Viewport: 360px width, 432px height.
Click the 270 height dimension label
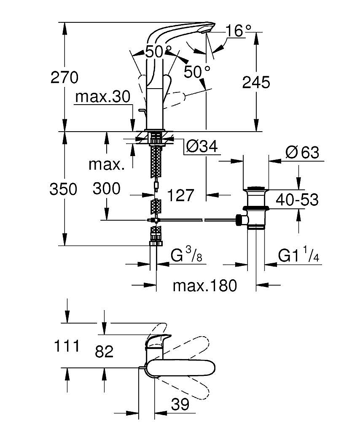point(64,77)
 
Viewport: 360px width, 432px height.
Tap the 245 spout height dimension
point(256,82)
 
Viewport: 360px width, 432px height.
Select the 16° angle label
point(238,30)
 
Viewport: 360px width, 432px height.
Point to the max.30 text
point(102,97)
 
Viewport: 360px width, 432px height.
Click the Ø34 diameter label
point(201,146)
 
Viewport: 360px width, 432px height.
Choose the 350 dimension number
point(63,189)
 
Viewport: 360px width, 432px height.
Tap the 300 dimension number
point(106,189)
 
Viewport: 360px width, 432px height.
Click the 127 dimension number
point(181,195)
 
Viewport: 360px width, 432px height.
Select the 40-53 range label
point(297,200)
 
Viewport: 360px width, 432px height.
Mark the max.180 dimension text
point(205,286)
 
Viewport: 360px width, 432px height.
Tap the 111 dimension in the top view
point(67,346)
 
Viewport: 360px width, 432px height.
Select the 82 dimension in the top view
point(104,351)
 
